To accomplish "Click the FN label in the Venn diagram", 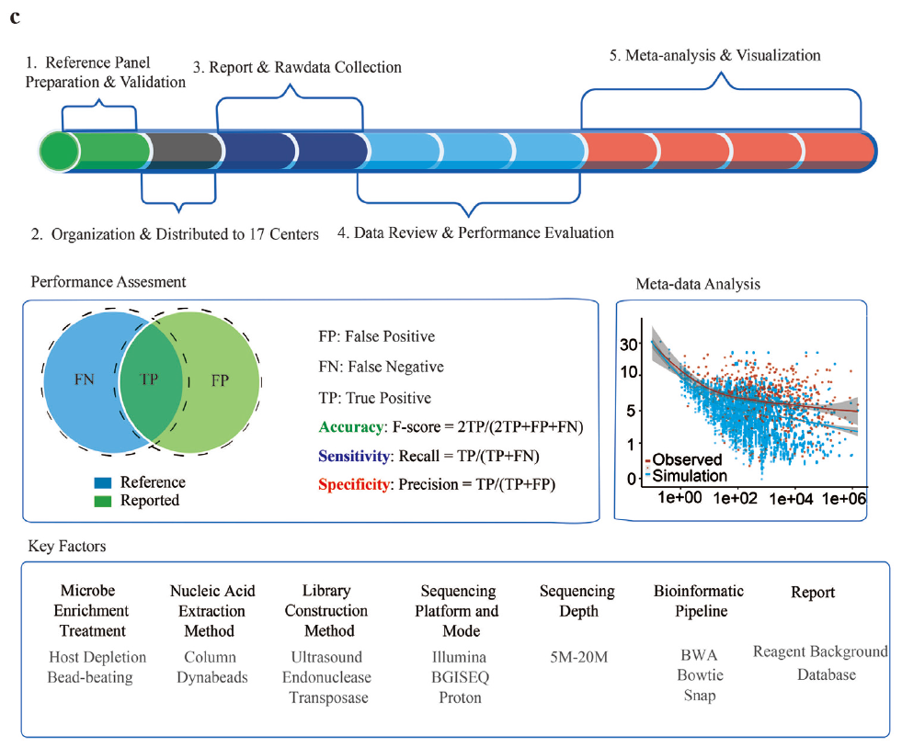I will click(84, 379).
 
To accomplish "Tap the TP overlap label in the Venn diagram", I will click(148, 379).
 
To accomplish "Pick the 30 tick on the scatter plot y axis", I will click(629, 344).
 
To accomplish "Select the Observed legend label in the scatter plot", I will click(689, 458).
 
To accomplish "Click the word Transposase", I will click(328, 697).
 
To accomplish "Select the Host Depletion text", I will click(97, 657).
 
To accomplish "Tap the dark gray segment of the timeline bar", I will click(184, 150).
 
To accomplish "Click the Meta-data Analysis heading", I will click(698, 284).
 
